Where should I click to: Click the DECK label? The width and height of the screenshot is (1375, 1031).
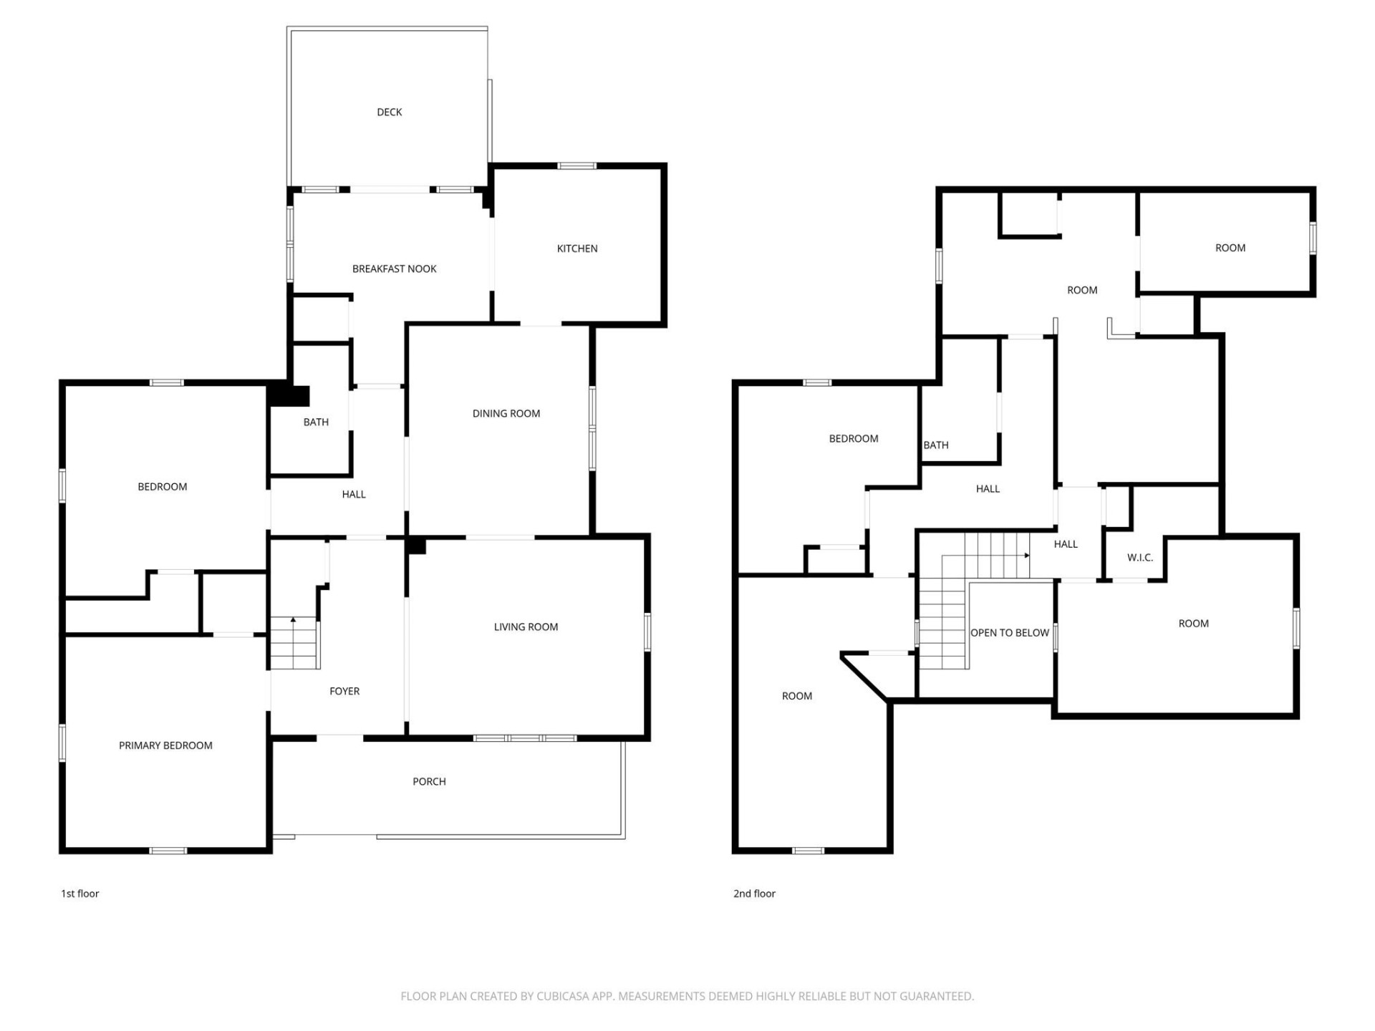(x=389, y=112)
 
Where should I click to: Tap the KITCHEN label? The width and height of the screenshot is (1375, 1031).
(x=577, y=248)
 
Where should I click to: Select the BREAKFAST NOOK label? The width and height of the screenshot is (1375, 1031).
(x=394, y=268)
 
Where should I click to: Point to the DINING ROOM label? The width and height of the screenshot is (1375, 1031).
(x=506, y=413)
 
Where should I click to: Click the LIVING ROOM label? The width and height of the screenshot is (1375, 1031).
(x=526, y=626)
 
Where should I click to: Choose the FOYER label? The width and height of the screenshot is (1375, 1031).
(x=344, y=691)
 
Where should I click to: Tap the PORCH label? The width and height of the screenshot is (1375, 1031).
(x=429, y=781)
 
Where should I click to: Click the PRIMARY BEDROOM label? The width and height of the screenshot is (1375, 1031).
(x=165, y=745)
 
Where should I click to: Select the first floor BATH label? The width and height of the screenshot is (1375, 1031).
(x=316, y=422)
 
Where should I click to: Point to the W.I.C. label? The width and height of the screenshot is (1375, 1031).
(x=1139, y=557)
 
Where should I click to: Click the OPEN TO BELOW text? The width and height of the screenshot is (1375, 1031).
(x=1009, y=632)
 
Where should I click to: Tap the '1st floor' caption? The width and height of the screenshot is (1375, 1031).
(x=79, y=894)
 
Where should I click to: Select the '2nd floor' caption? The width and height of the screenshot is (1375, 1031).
(x=754, y=894)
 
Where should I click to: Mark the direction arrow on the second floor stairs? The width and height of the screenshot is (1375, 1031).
(x=1027, y=555)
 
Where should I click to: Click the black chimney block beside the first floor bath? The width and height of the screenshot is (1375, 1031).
(x=289, y=396)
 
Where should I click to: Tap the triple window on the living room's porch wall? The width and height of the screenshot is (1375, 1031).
(x=525, y=738)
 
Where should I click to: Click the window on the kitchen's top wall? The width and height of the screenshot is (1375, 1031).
(x=576, y=166)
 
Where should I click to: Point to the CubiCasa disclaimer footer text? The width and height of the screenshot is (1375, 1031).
(x=687, y=996)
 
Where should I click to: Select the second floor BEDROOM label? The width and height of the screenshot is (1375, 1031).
(x=853, y=438)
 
